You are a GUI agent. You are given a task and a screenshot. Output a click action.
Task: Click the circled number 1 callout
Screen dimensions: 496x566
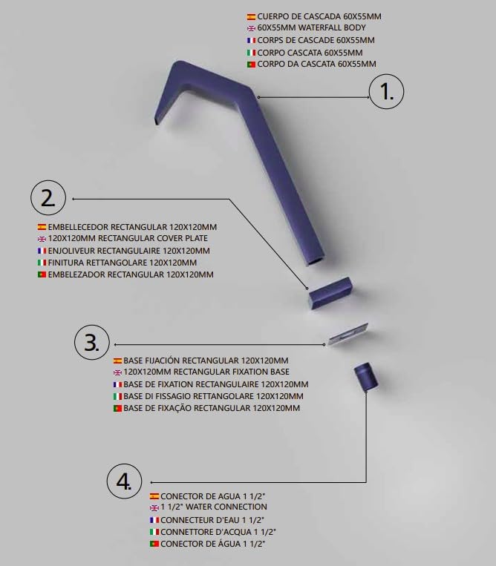(386, 92)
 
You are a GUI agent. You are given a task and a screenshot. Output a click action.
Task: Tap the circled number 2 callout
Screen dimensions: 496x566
(48, 199)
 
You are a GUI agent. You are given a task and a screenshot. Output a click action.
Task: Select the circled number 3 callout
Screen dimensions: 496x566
(92, 343)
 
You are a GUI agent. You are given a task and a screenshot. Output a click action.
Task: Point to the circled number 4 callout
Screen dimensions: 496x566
(124, 481)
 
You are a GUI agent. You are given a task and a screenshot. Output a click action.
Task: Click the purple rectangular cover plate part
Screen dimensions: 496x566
(330, 293)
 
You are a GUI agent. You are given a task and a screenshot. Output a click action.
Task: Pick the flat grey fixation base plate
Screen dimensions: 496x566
(348, 334)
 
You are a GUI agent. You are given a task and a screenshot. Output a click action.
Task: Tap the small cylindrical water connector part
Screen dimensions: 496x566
(366, 377)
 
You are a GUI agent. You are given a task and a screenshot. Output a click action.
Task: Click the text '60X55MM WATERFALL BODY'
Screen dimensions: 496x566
(311, 27)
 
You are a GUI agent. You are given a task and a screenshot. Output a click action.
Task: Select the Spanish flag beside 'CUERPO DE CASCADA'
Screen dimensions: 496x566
(251, 16)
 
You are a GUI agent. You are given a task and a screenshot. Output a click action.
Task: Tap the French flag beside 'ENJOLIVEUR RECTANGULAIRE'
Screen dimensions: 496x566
(42, 251)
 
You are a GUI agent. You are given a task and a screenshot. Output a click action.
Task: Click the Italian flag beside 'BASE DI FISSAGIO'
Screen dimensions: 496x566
(117, 396)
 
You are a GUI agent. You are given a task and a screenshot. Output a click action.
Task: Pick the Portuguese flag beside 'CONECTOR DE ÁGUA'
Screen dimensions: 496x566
(154, 544)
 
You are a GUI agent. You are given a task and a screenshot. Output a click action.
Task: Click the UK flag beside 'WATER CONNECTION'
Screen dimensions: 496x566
(154, 507)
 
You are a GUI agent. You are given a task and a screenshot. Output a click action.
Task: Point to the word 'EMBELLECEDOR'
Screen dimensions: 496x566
(78, 227)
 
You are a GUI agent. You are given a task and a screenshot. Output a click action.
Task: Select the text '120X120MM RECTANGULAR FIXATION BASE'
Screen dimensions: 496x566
(206, 372)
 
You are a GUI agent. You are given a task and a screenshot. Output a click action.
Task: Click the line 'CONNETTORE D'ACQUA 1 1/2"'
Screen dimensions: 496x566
(218, 532)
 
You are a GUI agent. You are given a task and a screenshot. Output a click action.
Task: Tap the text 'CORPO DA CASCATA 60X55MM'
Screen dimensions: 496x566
(316, 65)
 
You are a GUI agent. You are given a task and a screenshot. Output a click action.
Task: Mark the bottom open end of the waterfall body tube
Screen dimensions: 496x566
(317, 260)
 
